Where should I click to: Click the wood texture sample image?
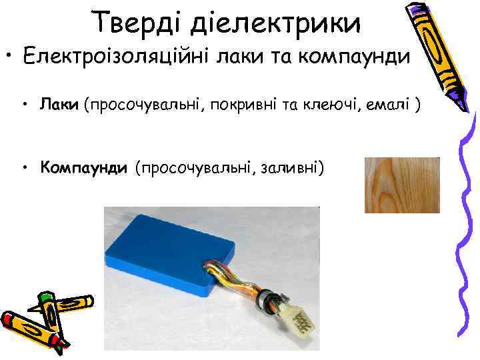coord(402,185)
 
